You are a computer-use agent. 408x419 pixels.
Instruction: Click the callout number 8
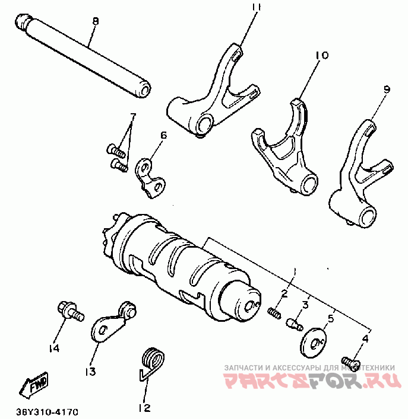95,21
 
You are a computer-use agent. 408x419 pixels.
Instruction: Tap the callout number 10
322,55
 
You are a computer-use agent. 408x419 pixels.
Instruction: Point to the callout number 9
386,89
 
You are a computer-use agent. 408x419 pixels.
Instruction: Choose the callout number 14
55,348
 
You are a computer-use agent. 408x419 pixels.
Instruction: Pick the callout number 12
144,408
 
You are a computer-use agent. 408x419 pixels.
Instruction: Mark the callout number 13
90,372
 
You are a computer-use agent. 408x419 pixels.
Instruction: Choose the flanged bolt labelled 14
69,311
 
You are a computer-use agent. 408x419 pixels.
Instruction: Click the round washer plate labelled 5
313,341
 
